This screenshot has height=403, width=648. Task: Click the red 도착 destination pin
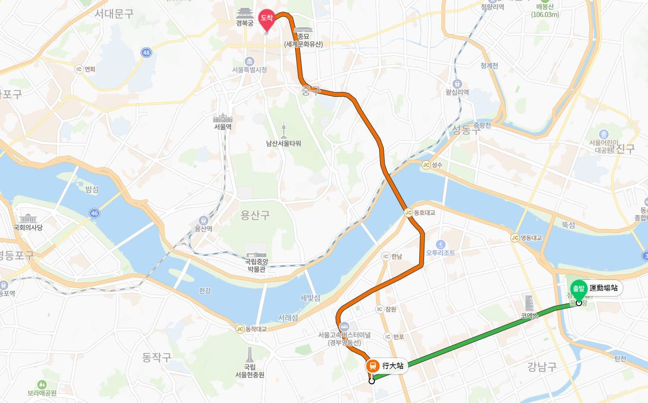coord(266,18)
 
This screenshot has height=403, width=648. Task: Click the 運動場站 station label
coord(603,288)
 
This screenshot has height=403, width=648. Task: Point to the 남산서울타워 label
coord(284,143)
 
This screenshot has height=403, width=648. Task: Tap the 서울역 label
coord(223,127)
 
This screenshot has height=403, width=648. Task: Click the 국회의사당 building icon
coord(28,218)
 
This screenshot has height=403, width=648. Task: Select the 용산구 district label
coord(255,215)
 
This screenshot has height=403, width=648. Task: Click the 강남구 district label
coord(542,367)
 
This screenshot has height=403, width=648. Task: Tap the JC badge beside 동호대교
coord(408,212)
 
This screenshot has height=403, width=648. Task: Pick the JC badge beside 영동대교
coord(515,238)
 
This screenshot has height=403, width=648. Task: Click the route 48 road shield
coord(146,52)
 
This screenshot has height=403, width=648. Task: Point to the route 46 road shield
coord(94,213)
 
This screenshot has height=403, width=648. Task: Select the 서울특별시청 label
coord(249,70)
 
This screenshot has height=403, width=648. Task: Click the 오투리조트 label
coord(441,253)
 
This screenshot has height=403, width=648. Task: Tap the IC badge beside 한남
coord(386,256)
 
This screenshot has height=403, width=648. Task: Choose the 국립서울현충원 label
coord(250,371)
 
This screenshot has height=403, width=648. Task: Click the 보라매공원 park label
coord(42,393)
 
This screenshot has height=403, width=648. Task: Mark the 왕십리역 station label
coord(457,92)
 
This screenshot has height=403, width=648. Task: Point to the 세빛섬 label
coord(310,298)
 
